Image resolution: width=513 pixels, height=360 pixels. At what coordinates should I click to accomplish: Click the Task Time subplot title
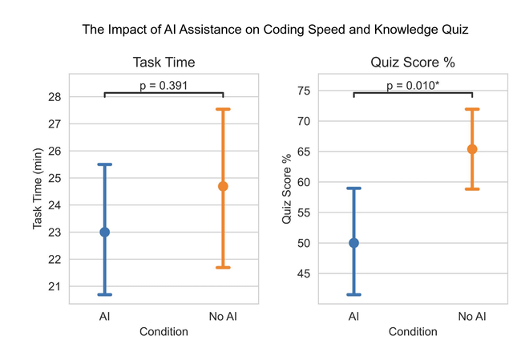pyautogui.click(x=164, y=63)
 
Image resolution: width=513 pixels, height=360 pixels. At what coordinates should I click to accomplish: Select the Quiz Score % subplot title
pyautogui.click(x=413, y=63)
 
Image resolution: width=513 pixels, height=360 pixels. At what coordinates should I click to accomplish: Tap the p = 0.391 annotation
pyautogui.click(x=164, y=86)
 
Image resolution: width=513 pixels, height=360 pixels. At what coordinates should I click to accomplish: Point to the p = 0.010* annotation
pyautogui.click(x=413, y=85)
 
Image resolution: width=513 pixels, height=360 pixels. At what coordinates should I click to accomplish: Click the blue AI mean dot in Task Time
pyautogui.click(x=104, y=232)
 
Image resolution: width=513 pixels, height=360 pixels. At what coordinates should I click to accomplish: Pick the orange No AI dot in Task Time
pyautogui.click(x=223, y=186)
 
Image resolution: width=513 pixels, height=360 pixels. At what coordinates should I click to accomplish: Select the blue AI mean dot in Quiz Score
pyautogui.click(x=353, y=243)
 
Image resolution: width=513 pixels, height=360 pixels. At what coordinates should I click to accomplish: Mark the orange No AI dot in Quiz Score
pyautogui.click(x=472, y=149)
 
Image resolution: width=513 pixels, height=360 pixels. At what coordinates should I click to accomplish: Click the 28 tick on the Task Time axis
pyautogui.click(x=55, y=97)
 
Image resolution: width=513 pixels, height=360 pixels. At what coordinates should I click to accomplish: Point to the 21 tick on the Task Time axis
pyautogui.click(x=55, y=286)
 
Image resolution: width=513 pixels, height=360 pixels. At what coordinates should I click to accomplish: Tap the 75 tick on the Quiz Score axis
pyautogui.click(x=303, y=91)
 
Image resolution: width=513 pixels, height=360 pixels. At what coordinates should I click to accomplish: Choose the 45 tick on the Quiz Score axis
pyautogui.click(x=303, y=273)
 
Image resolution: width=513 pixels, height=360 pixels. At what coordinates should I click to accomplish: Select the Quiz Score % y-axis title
pyautogui.click(x=285, y=188)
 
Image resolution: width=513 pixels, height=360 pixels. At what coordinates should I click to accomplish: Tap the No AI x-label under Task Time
pyautogui.click(x=223, y=317)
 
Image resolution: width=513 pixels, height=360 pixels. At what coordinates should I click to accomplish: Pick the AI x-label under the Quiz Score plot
pyautogui.click(x=353, y=317)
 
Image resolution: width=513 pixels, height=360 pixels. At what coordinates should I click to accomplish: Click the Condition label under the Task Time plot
pyautogui.click(x=164, y=331)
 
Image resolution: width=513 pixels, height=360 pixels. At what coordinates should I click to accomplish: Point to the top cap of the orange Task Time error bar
pyautogui.click(x=223, y=109)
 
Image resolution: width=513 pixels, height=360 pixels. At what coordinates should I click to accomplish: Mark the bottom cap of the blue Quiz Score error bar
pyautogui.click(x=353, y=294)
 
